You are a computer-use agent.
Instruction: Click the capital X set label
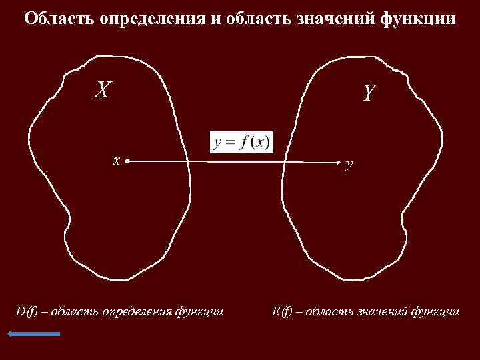(x=101, y=89)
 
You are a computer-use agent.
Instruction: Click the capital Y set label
(x=370, y=93)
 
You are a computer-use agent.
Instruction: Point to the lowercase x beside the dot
(x=116, y=161)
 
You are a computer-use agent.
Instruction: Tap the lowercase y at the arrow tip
(x=349, y=164)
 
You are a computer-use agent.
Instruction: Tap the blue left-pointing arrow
(x=34, y=333)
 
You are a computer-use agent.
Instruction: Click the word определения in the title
(x=151, y=19)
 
